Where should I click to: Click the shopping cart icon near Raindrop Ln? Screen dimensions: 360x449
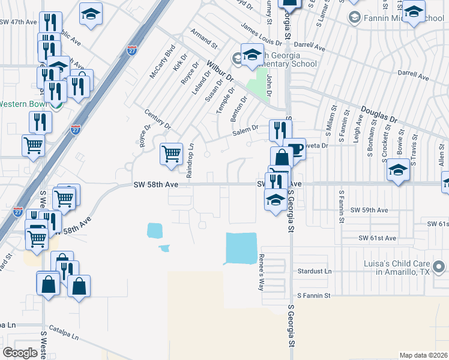click(172, 154)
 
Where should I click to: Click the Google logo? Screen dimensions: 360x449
click(20, 352)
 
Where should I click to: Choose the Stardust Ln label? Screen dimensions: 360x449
click(315, 272)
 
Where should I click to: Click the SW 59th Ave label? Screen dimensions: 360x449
click(370, 211)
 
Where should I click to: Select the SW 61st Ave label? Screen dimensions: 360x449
click(378, 238)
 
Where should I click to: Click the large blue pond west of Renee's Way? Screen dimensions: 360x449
click(241, 248)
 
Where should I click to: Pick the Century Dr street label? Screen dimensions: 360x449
click(158, 119)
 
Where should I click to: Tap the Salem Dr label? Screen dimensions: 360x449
click(246, 130)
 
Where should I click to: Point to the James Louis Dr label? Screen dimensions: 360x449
click(261, 35)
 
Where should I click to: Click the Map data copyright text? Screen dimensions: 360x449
click(423, 355)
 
